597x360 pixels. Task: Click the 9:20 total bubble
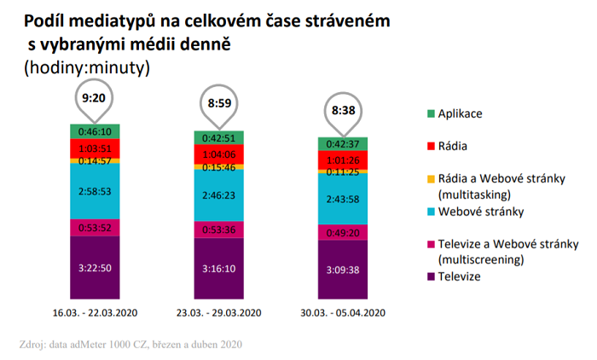click(95, 99)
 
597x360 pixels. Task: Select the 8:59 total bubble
click(219, 106)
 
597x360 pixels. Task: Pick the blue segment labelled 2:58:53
click(95, 189)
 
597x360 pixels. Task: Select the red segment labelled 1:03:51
click(95, 148)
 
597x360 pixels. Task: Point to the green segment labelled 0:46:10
click(95, 131)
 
